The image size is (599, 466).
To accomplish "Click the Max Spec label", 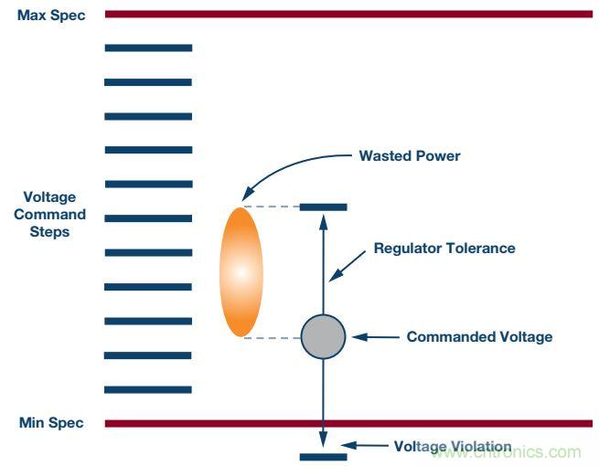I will point(52,16).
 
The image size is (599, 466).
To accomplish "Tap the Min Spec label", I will point(51,423).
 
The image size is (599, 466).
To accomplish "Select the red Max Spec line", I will point(348,14).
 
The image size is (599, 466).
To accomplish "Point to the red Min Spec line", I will point(348,423).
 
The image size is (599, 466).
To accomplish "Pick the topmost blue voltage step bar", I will point(148,48).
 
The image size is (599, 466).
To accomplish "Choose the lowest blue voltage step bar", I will point(148,389).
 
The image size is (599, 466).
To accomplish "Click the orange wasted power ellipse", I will point(241,271).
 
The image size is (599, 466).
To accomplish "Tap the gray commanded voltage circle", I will point(324,336).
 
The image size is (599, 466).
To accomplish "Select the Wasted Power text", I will point(409,155).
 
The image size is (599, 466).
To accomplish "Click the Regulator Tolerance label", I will point(444,248).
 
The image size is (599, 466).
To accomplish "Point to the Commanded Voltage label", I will point(479,336).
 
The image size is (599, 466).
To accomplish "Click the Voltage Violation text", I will point(453,446).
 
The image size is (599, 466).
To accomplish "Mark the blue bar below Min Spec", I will point(324,456).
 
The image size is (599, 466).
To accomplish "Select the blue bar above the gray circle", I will point(324,207).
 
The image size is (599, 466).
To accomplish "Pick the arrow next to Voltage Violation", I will point(371,447).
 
